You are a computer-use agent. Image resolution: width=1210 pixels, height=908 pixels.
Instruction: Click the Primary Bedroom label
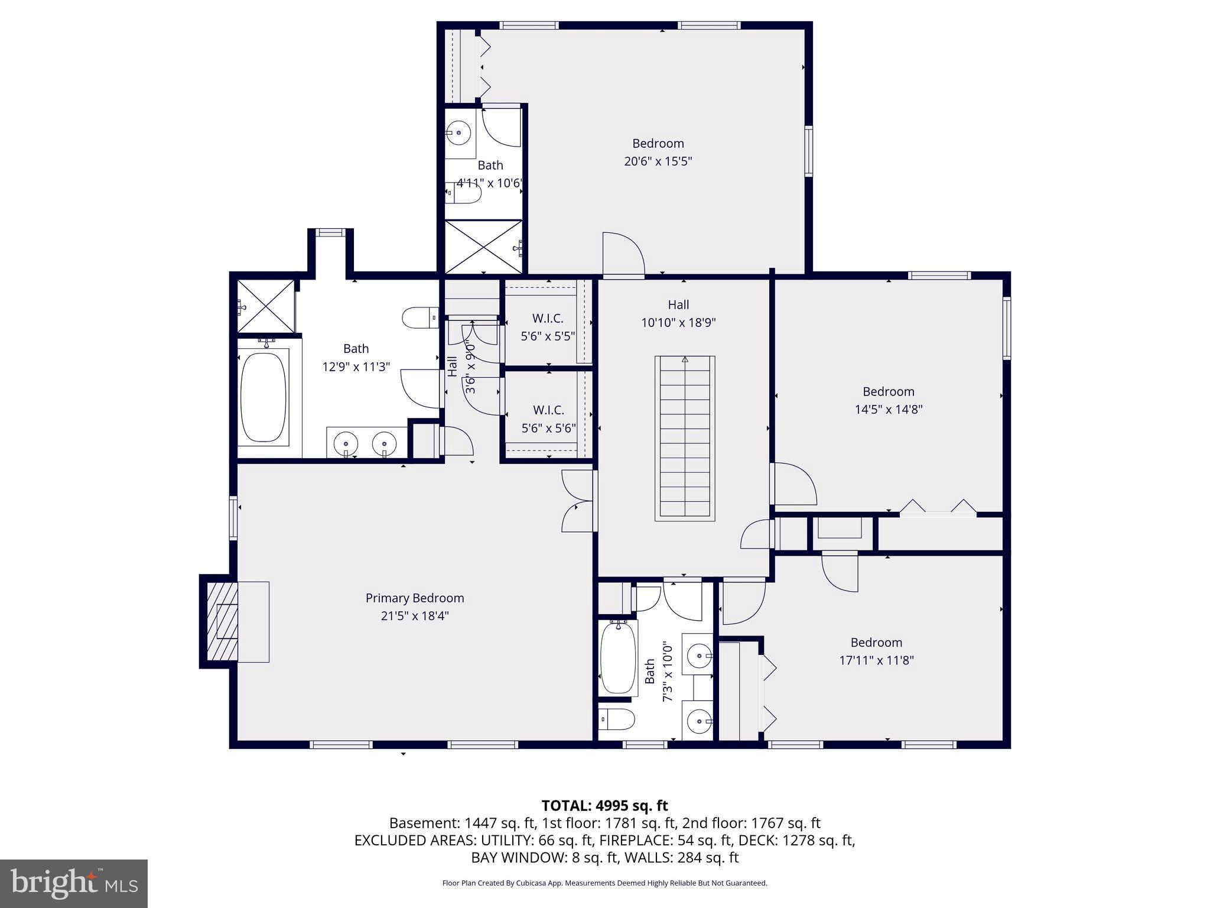(x=415, y=598)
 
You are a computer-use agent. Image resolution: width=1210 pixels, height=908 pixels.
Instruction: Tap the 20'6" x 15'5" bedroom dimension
(x=658, y=161)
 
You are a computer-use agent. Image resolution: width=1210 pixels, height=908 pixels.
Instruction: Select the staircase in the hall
(x=685, y=438)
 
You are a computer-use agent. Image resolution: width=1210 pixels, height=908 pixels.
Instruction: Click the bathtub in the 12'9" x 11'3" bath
(x=264, y=397)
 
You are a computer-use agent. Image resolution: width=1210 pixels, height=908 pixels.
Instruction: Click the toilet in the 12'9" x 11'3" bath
(x=420, y=317)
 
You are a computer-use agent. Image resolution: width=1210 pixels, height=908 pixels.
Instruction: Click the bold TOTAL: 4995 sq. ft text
(x=604, y=806)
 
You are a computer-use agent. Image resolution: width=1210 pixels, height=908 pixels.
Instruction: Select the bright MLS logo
(x=74, y=884)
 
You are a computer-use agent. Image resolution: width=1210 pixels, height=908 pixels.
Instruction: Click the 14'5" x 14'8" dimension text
(x=889, y=409)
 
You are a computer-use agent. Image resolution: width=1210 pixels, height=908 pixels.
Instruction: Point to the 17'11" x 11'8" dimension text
(x=877, y=660)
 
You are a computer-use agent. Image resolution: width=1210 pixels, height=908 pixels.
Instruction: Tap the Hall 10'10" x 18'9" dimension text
(x=678, y=323)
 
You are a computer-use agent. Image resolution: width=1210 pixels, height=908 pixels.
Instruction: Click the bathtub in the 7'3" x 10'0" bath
(x=618, y=657)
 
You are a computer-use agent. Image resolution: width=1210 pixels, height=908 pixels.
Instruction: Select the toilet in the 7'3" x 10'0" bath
(x=616, y=719)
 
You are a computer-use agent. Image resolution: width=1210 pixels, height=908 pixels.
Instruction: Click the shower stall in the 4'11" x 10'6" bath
(x=483, y=247)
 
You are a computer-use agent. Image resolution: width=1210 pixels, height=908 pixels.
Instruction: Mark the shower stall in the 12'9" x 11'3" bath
(x=266, y=306)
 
